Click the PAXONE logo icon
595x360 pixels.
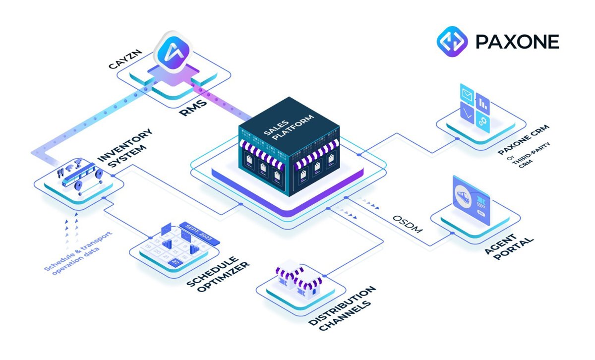click(x=452, y=41)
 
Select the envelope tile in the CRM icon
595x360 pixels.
click(x=467, y=93)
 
